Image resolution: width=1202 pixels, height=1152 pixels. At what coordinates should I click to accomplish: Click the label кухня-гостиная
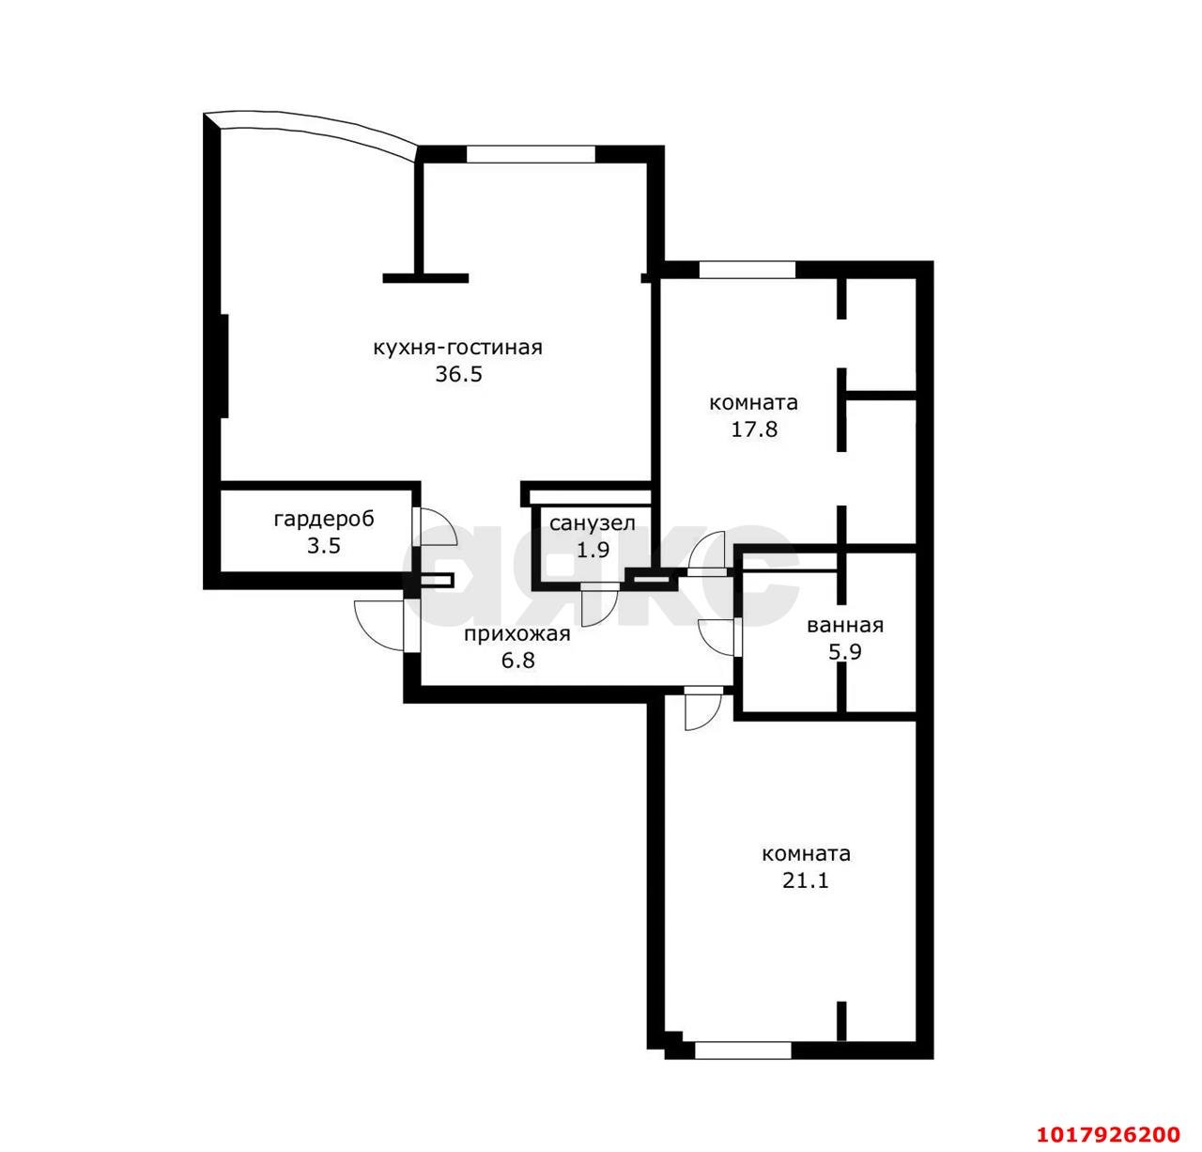(x=457, y=348)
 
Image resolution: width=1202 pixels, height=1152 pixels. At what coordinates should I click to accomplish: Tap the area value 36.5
(x=458, y=375)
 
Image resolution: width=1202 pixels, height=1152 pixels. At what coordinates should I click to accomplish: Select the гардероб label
(x=324, y=520)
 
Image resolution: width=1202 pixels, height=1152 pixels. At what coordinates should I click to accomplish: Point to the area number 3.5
(x=324, y=546)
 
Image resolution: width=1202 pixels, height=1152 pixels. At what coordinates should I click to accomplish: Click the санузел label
(x=593, y=524)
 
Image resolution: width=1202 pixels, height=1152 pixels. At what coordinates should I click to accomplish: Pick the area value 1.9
(x=593, y=550)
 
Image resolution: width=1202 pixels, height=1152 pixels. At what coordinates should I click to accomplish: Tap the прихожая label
(x=517, y=634)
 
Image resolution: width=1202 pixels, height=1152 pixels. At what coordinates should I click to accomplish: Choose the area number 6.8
(x=517, y=661)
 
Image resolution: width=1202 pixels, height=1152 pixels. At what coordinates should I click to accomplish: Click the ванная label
(x=845, y=626)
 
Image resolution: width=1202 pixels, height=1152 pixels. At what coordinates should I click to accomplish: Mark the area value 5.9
(x=845, y=652)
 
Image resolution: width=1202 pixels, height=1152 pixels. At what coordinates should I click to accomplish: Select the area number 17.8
(x=754, y=429)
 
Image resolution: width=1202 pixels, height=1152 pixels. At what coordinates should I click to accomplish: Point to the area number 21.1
(x=806, y=880)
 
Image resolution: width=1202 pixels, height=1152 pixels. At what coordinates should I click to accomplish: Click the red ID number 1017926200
(x=1108, y=1133)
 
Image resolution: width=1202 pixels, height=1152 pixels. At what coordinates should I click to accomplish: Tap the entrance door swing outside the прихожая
(x=378, y=625)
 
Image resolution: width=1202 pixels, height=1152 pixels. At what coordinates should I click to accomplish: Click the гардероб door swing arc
(x=436, y=526)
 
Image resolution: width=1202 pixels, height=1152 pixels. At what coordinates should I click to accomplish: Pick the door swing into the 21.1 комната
(x=703, y=708)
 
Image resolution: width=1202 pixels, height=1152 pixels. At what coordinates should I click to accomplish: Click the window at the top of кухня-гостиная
(x=531, y=154)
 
